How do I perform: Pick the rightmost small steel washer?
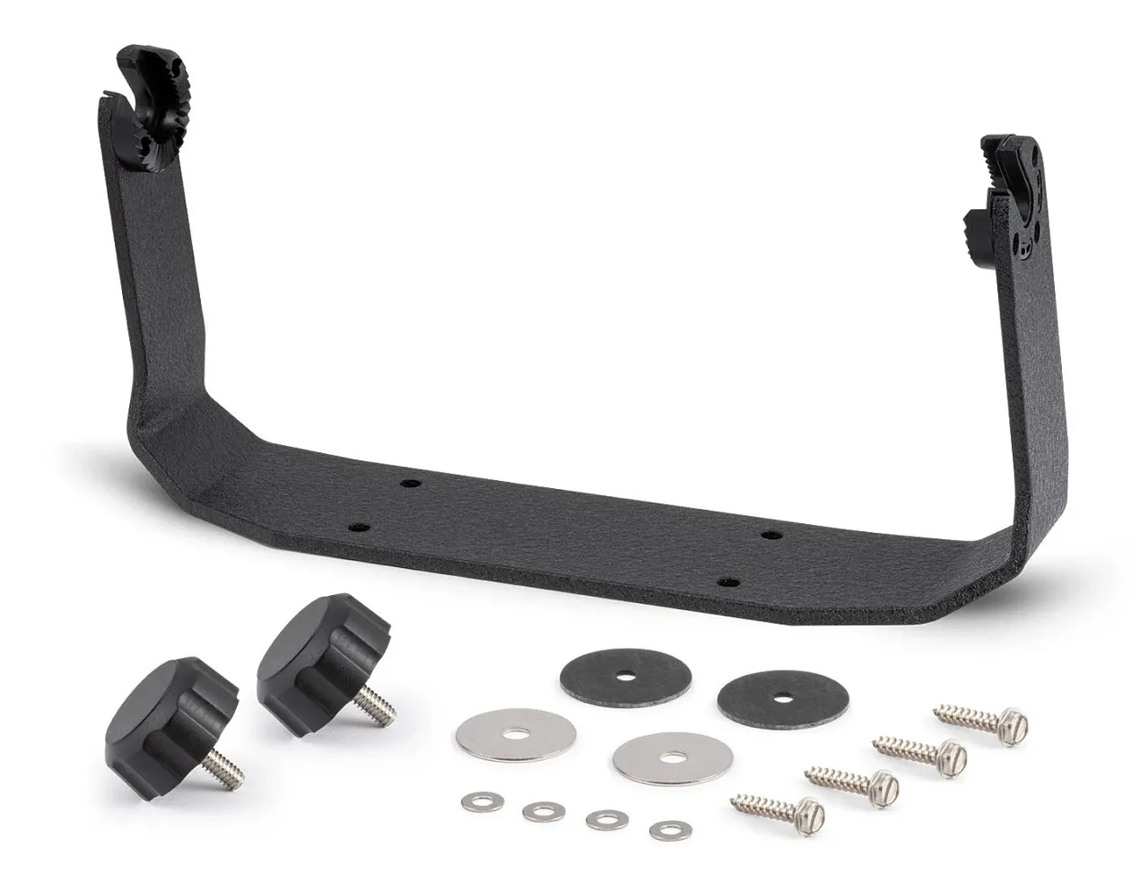point(666,830)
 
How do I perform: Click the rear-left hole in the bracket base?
point(410,484)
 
